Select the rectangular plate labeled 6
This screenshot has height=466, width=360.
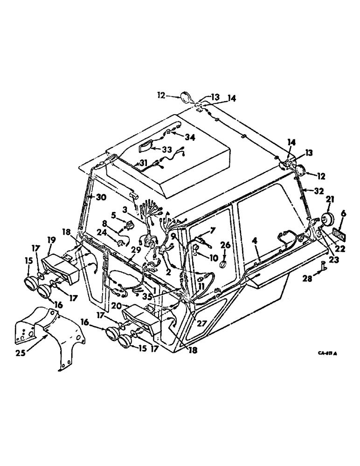tap(339, 232)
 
